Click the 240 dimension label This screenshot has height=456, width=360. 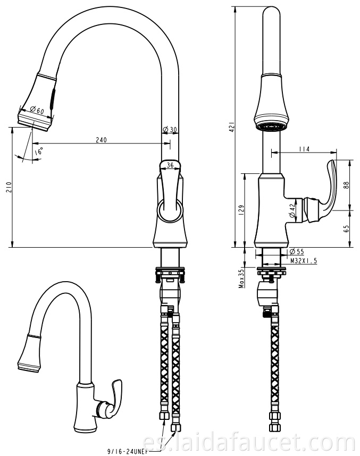pyautogui.click(x=101, y=140)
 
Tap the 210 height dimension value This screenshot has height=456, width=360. pyautogui.click(x=9, y=187)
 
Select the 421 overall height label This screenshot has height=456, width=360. pyautogui.click(x=232, y=127)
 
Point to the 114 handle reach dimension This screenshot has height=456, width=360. pyautogui.click(x=304, y=149)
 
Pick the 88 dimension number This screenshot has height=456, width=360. pyautogui.click(x=346, y=185)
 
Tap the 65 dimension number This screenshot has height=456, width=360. pyautogui.click(x=346, y=229)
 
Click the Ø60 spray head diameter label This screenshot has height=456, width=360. pyautogui.click(x=36, y=110)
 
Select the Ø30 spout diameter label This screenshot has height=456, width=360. pyautogui.click(x=170, y=129)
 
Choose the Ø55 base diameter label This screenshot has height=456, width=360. pyautogui.click(x=297, y=251)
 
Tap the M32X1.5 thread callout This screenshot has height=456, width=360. pyautogui.click(x=304, y=261)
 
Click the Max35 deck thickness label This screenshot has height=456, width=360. pyautogui.click(x=241, y=278)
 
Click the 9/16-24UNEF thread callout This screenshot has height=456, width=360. pyautogui.click(x=125, y=452)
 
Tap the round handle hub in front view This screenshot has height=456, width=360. pyautogui.click(x=170, y=211)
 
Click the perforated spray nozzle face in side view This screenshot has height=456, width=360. pyautogui.click(x=272, y=127)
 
